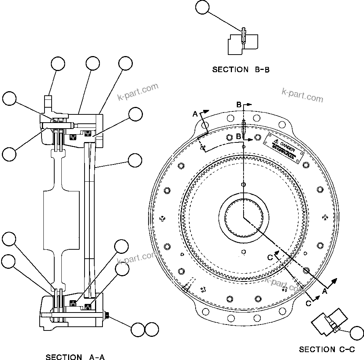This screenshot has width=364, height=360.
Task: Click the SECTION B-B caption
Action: point(241,70)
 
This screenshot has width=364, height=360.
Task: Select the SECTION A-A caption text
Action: point(75,357)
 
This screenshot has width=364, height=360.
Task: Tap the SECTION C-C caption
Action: point(327,350)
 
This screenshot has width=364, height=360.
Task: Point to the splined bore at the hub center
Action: point(244,216)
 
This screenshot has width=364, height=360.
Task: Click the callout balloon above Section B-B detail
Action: point(202,7)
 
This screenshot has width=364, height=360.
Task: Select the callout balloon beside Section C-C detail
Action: point(357,333)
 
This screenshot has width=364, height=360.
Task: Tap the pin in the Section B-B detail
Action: point(244,36)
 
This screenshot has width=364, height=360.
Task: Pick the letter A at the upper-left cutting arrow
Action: point(195,114)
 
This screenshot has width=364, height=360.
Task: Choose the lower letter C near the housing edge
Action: point(308,304)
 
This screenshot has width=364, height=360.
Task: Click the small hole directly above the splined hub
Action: point(244,184)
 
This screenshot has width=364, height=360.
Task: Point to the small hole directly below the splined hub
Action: point(244,252)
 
